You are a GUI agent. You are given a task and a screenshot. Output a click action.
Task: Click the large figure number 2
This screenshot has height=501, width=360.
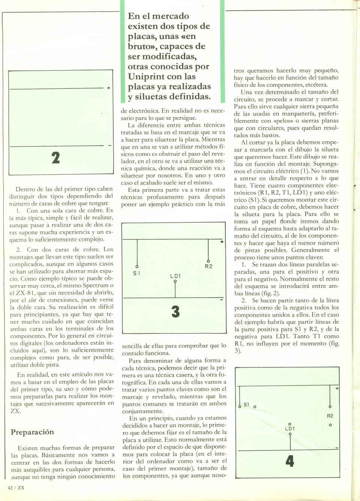click(x=55, y=157)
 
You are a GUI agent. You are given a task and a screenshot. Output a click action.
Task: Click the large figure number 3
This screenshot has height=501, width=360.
click(x=175, y=311)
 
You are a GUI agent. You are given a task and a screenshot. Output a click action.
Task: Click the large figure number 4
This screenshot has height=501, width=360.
click(x=289, y=461)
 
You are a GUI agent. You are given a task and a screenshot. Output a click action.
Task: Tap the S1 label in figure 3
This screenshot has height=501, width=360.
click(x=137, y=273)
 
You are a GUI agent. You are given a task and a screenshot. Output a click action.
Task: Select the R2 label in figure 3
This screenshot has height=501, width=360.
click(x=208, y=266)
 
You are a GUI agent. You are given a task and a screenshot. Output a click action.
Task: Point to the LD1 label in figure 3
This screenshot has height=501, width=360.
click(x=175, y=276)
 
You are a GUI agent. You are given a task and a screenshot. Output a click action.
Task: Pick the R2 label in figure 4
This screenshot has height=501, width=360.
click(x=330, y=416)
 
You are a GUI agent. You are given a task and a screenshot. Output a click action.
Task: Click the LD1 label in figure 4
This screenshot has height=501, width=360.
click(x=290, y=429)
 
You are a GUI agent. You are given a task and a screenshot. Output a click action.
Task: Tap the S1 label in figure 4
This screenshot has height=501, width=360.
click(x=246, y=405)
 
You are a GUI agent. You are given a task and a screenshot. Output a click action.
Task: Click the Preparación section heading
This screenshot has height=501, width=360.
click(x=32, y=432)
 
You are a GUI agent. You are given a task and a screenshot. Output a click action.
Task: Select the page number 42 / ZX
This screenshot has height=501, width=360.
click(x=16, y=488)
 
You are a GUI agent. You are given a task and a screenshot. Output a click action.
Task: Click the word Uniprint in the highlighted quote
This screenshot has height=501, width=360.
click(x=145, y=76)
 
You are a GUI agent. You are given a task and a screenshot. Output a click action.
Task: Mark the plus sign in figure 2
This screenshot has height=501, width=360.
click(x=108, y=88)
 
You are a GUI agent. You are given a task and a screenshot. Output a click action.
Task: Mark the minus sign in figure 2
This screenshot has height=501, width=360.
click(x=109, y=145)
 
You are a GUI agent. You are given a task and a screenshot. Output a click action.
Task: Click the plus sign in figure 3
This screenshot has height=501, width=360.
click(x=222, y=242)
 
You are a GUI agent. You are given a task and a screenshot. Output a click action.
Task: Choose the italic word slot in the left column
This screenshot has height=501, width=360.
click(x=32, y=300)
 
